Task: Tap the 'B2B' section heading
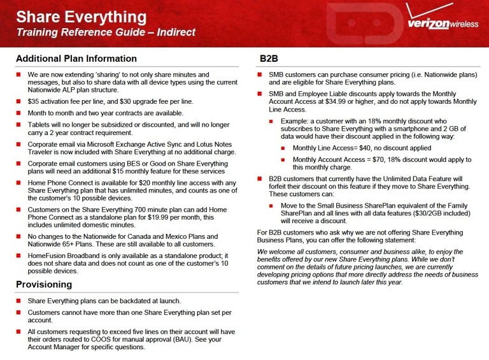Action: click(269, 59)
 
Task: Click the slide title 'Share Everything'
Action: click(81, 16)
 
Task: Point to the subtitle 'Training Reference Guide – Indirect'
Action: click(106, 32)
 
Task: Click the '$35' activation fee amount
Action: click(35, 101)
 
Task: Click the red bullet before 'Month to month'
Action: click(20, 113)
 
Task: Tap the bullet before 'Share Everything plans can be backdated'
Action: click(20, 301)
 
